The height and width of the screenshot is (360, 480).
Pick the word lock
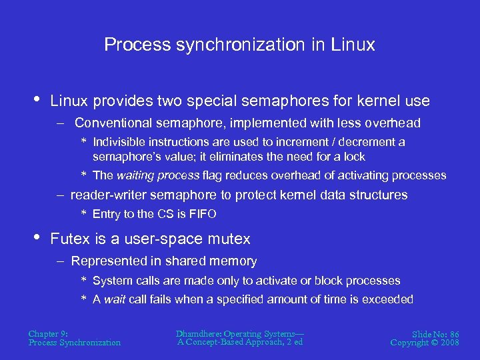(353, 157)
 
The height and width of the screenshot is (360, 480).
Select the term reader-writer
(108, 195)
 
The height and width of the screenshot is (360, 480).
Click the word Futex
(70, 239)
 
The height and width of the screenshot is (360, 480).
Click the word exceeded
(388, 299)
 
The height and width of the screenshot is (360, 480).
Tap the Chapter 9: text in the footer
(48, 333)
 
